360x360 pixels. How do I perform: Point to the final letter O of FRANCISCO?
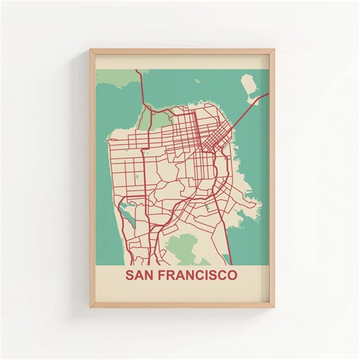232,275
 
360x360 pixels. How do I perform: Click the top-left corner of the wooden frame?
91,49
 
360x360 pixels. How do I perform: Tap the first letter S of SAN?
129,275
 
